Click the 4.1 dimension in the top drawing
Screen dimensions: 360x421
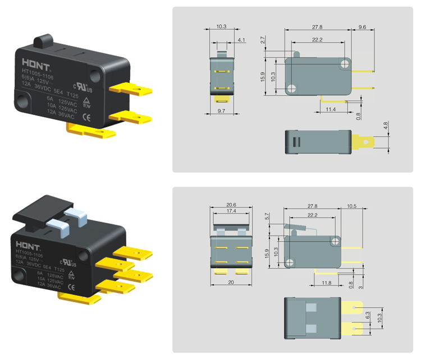pos(241,40)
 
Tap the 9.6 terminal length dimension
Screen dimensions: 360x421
pos(362,27)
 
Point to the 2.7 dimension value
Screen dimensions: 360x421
pos(263,40)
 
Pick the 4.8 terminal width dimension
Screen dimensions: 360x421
pos(385,126)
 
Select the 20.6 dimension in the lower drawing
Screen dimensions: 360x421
pos(230,205)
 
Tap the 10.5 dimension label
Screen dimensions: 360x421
pos(352,206)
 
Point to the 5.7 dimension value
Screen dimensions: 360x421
pos(267,215)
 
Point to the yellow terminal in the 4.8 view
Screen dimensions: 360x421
pos(362,142)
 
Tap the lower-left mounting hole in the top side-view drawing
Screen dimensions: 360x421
pos(291,89)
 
